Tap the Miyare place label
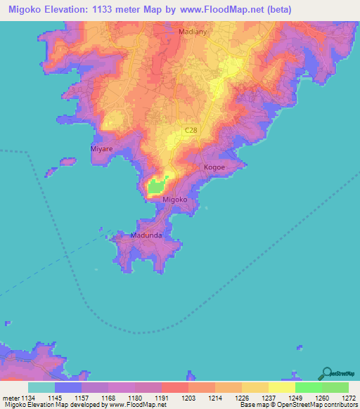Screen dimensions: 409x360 [x=102, y=150]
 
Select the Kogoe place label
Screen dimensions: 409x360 [x=214, y=168]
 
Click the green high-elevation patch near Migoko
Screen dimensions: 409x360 [x=156, y=186]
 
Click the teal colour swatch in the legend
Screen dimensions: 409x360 [x=41, y=388]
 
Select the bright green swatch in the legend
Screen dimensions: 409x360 [x=308, y=388]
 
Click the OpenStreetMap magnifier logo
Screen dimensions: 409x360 [x=326, y=373]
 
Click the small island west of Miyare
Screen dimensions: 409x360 [x=67, y=162]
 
